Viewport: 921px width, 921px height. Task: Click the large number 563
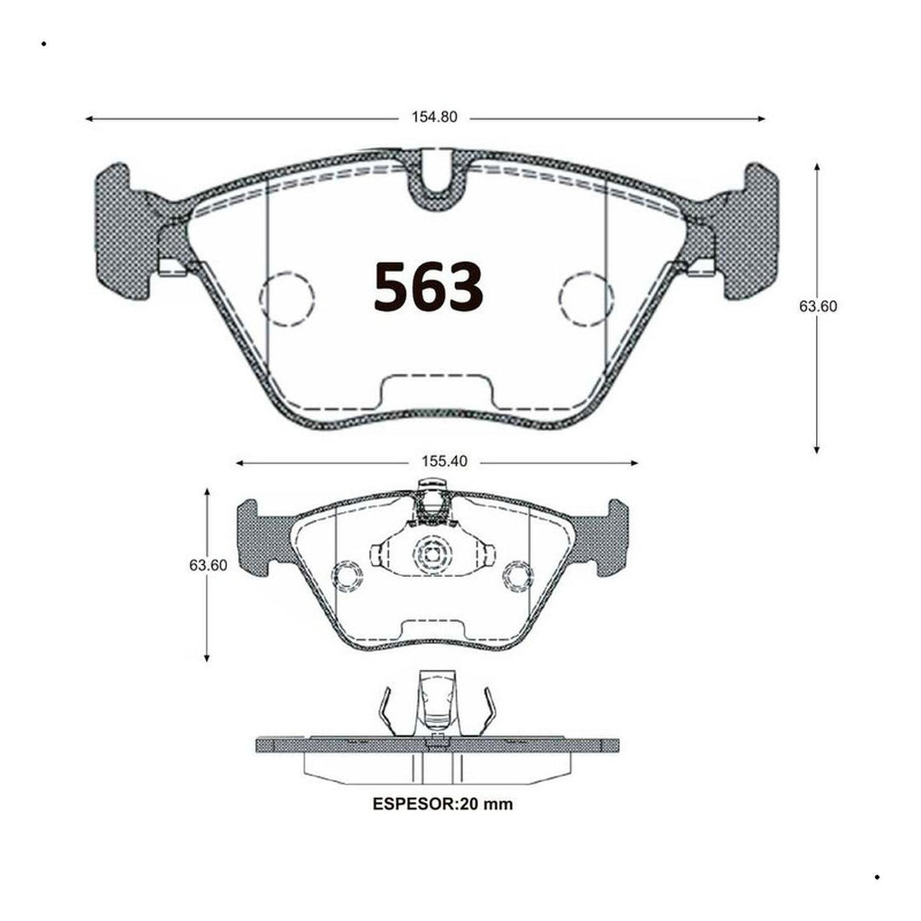[427, 287]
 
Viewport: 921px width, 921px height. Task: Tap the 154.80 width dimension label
[434, 117]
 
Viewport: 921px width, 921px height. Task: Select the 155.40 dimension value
[444, 462]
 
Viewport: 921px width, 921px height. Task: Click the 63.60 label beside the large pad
[818, 306]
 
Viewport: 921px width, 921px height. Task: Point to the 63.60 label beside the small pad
[208, 566]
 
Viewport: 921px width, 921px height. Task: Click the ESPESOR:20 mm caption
[443, 804]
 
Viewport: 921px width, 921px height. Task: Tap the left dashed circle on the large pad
[287, 299]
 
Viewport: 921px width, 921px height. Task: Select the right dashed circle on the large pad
[587, 299]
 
